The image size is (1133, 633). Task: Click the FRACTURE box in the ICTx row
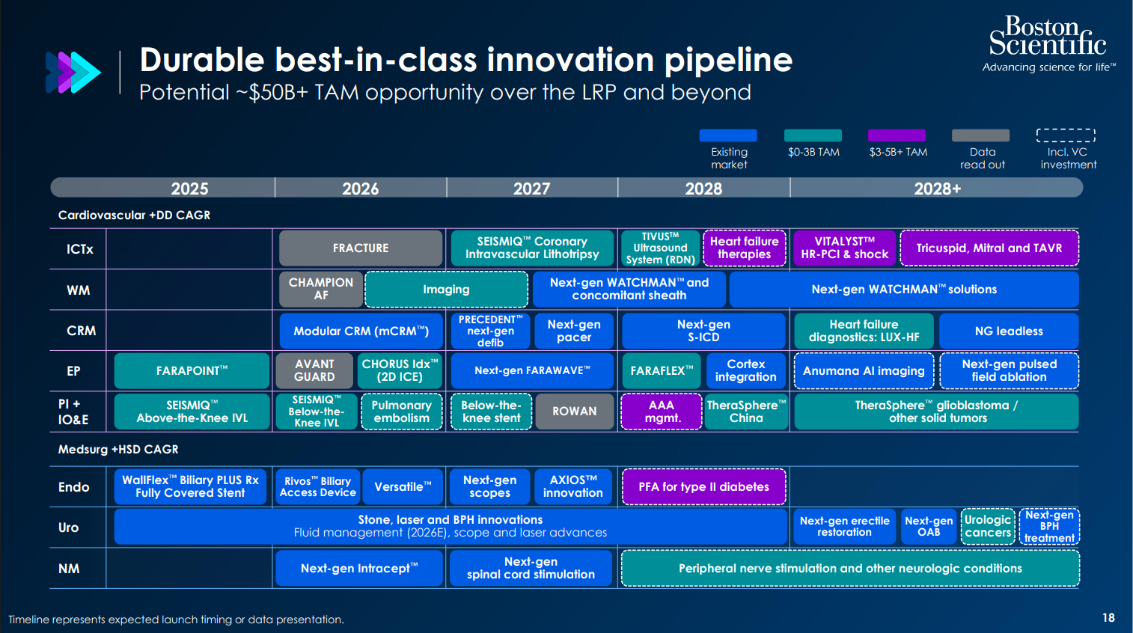pyautogui.click(x=361, y=248)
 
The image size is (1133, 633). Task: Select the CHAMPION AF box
pyautogui.click(x=321, y=290)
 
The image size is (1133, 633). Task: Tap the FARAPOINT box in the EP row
pyautogui.click(x=192, y=370)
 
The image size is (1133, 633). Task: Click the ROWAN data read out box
pyautogui.click(x=575, y=412)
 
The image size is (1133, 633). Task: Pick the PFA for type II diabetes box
pyautogui.click(x=703, y=487)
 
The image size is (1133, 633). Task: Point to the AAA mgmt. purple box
pyautogui.click(x=661, y=412)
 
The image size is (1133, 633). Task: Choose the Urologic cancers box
pyautogui.click(x=988, y=526)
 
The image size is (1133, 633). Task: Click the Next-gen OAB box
pyautogui.click(x=929, y=526)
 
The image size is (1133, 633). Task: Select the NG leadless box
pyautogui.click(x=1009, y=331)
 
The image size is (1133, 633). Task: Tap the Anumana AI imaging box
pyautogui.click(x=864, y=370)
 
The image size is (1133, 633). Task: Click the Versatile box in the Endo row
pyautogui.click(x=403, y=487)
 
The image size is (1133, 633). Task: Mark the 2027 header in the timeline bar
pyautogui.click(x=531, y=189)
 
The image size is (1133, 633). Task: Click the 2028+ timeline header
pyautogui.click(x=937, y=189)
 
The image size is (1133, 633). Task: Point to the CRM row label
pyautogui.click(x=81, y=331)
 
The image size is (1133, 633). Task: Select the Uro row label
pyautogui.click(x=68, y=527)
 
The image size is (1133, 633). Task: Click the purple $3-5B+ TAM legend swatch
pyautogui.click(x=897, y=135)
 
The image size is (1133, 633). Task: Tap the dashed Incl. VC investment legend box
pyautogui.click(x=1066, y=135)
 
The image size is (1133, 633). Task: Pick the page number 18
pyautogui.click(x=1109, y=618)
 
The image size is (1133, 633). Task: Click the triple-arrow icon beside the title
pyautogui.click(x=73, y=73)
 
